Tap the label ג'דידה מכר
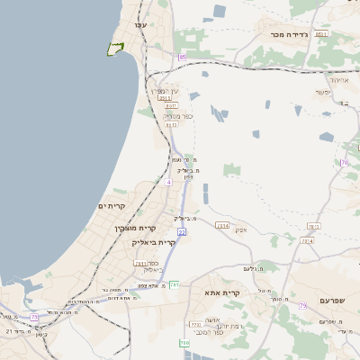click(x=289, y=34)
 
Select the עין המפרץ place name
click(x=172, y=91)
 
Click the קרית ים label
click(x=111, y=206)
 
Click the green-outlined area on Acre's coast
click(x=114, y=48)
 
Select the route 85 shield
click(x=182, y=57)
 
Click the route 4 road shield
click(x=167, y=182)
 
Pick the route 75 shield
click(x=34, y=317)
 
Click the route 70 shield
click(x=344, y=162)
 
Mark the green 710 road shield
click(x=184, y=342)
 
